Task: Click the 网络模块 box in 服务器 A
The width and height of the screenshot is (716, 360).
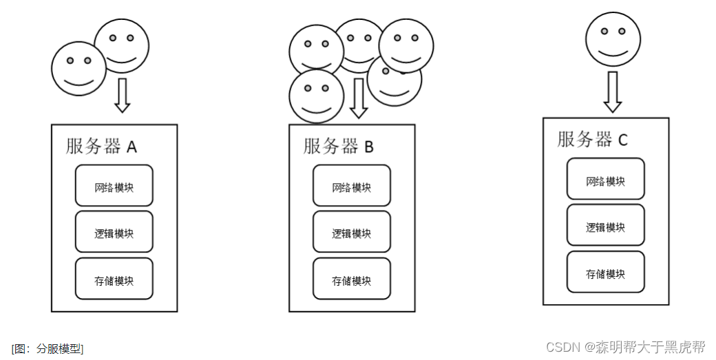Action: [x=114, y=186]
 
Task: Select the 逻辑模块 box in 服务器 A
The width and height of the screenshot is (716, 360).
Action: [x=114, y=232]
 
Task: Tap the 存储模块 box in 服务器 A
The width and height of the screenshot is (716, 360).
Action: [x=114, y=279]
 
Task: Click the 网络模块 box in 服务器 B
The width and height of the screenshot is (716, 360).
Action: [x=351, y=186]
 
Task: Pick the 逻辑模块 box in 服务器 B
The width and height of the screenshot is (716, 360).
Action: [x=351, y=232]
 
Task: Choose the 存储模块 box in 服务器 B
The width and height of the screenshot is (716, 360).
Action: [x=351, y=279]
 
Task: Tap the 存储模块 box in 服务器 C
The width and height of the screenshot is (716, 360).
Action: [x=605, y=272]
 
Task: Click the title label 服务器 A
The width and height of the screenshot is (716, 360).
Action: [x=102, y=146]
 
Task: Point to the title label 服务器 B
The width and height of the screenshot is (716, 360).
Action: [x=339, y=146]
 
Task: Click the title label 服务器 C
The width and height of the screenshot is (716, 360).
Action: [x=593, y=139]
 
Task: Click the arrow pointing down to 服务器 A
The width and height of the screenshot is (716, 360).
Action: [x=122, y=95]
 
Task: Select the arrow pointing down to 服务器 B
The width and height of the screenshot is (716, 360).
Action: [x=358, y=98]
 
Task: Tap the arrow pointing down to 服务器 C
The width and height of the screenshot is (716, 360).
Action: [x=613, y=92]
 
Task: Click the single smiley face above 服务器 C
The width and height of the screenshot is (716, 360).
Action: [x=613, y=39]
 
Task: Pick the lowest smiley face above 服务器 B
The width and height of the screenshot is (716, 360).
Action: [x=316, y=96]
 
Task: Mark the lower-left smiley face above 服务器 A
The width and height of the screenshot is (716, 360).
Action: [x=78, y=68]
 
